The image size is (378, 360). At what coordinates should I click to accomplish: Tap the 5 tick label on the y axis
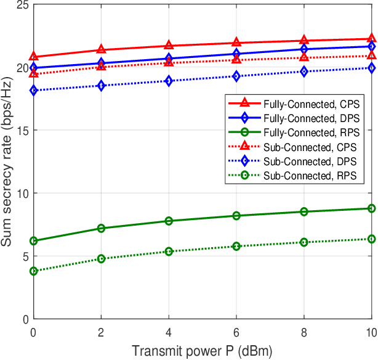[25, 256]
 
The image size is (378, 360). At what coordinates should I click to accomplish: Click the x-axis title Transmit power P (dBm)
[203, 351]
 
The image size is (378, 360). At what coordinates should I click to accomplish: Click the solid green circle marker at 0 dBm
[34, 241]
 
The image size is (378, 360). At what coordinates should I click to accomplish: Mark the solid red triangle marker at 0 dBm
[34, 57]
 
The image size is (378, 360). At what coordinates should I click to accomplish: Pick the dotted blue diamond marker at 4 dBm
[169, 81]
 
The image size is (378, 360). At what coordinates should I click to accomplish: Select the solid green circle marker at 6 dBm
[236, 216]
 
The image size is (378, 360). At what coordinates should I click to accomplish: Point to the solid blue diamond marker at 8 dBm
[304, 49]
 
